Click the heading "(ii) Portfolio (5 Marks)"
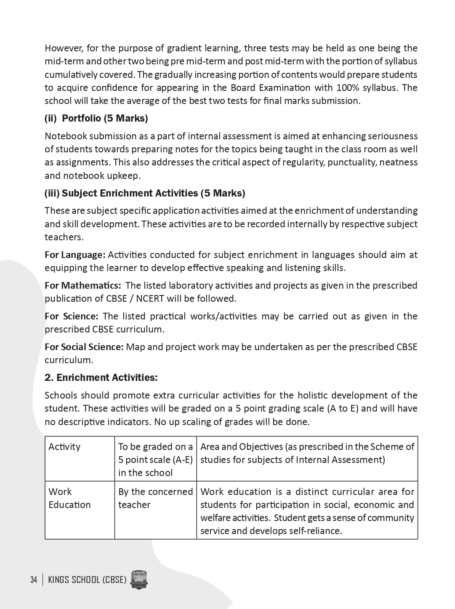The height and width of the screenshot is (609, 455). [x=96, y=118]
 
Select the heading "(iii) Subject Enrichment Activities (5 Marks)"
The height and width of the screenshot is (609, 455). [x=145, y=193]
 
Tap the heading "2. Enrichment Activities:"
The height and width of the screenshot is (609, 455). [x=101, y=378]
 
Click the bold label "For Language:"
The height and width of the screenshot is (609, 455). [x=75, y=255]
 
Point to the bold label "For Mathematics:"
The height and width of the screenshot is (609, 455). [x=82, y=285]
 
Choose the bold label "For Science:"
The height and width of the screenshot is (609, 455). [x=72, y=316]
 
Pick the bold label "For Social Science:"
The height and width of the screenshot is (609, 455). [x=84, y=347]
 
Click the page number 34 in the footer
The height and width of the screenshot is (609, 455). [x=34, y=580]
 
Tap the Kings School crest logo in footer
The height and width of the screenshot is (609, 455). [x=140, y=580]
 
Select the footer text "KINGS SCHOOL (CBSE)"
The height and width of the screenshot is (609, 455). [x=87, y=580]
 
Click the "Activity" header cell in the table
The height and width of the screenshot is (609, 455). [x=64, y=447]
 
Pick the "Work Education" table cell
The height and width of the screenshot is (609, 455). [x=69, y=498]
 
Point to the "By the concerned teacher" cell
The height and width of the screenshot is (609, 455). [x=155, y=498]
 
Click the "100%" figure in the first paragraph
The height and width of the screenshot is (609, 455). [x=346, y=88]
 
